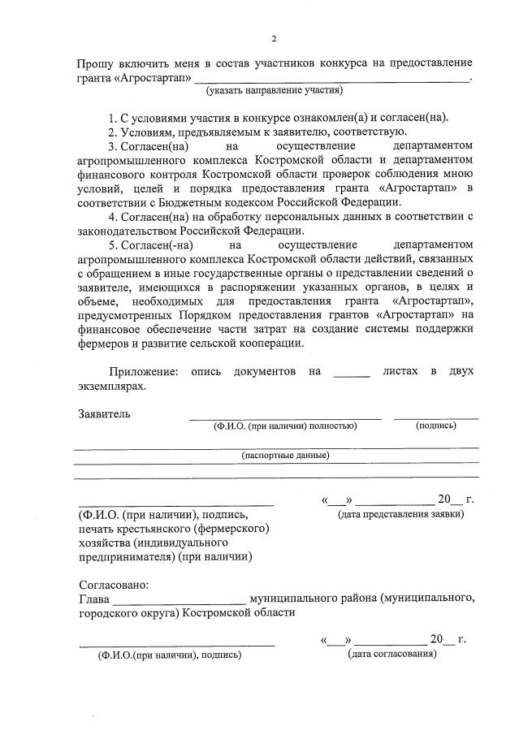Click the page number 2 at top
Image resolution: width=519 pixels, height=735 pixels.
[274, 38]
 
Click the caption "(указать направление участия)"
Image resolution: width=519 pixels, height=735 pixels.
[274, 89]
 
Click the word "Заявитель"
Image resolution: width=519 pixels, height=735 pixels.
[104, 413]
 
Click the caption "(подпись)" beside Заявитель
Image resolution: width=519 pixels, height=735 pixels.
[435, 425]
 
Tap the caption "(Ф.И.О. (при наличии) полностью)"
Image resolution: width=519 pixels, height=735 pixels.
[285, 425]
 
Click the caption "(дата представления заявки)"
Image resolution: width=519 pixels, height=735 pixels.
[401, 514]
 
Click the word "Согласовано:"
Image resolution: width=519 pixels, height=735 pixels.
[115, 585]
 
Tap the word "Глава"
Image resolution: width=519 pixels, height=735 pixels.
[94, 599]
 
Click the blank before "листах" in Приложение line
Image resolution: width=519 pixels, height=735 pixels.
[351, 374]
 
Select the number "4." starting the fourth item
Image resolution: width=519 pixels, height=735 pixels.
[113, 217]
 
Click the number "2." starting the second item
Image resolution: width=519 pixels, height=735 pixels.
[113, 132]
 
